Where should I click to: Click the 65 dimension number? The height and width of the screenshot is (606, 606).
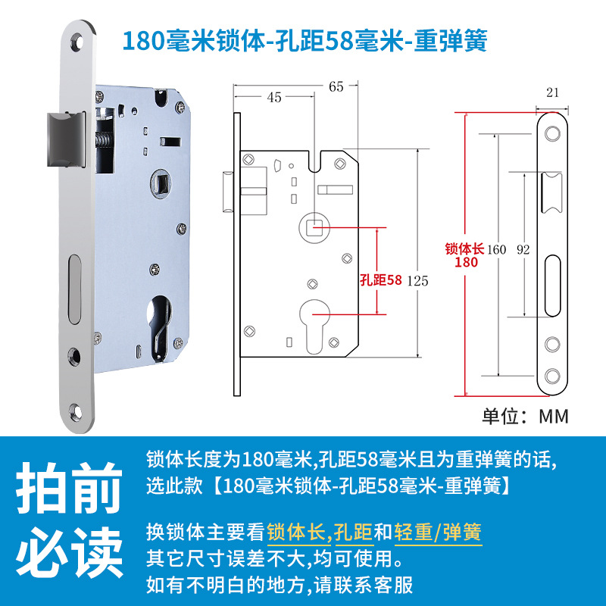pyautogui.click(x=336, y=86)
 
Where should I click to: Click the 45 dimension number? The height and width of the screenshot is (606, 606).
pyautogui.click(x=274, y=98)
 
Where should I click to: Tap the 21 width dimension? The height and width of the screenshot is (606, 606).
pyautogui.click(x=552, y=92)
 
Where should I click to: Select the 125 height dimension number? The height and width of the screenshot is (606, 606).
pyautogui.click(x=417, y=281)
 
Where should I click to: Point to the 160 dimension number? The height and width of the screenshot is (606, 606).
pyautogui.click(x=496, y=250)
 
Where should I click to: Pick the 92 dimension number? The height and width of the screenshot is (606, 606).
pyautogui.click(x=523, y=250)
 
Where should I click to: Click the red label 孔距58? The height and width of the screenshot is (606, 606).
pyautogui.click(x=381, y=280)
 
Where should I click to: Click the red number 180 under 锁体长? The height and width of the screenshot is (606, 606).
pyautogui.click(x=466, y=262)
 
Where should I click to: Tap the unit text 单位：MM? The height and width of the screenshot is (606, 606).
pyautogui.click(x=525, y=416)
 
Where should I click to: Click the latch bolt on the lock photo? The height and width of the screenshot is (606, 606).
pyautogui.click(x=66, y=139)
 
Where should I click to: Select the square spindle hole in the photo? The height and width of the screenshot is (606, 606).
pyautogui.click(x=161, y=183)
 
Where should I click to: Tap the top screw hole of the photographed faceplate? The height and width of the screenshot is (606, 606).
pyautogui.click(x=77, y=42)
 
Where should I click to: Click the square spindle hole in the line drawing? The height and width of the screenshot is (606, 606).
pyautogui.click(x=314, y=228)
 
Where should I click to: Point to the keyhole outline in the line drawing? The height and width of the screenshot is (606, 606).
pyautogui.click(x=314, y=326)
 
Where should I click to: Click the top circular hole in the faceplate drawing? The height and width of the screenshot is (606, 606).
pyautogui.click(x=552, y=134)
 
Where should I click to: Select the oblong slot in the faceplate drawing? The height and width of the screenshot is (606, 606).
pyautogui.click(x=552, y=286)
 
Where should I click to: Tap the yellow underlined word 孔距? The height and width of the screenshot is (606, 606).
pyautogui.click(x=353, y=533)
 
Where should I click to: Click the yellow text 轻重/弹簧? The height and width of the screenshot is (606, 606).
pyautogui.click(x=438, y=533)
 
